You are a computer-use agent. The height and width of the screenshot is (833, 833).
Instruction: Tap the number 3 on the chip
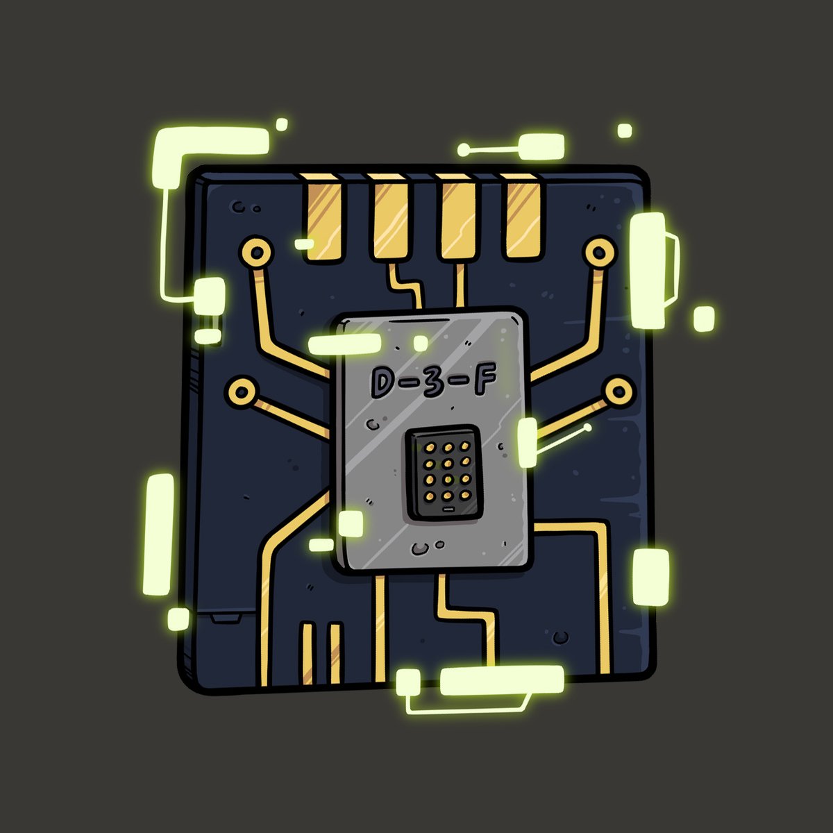coord(434,380)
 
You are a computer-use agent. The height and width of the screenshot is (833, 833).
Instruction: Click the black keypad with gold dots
coord(445,473)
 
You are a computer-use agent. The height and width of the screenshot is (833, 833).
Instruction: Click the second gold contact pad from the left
coord(390,218)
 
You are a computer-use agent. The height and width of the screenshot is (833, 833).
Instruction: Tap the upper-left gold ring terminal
coord(258,251)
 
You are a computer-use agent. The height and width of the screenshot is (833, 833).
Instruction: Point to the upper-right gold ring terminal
coord(599,251)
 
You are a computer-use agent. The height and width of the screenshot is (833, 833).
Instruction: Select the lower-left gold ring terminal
coord(242,392)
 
